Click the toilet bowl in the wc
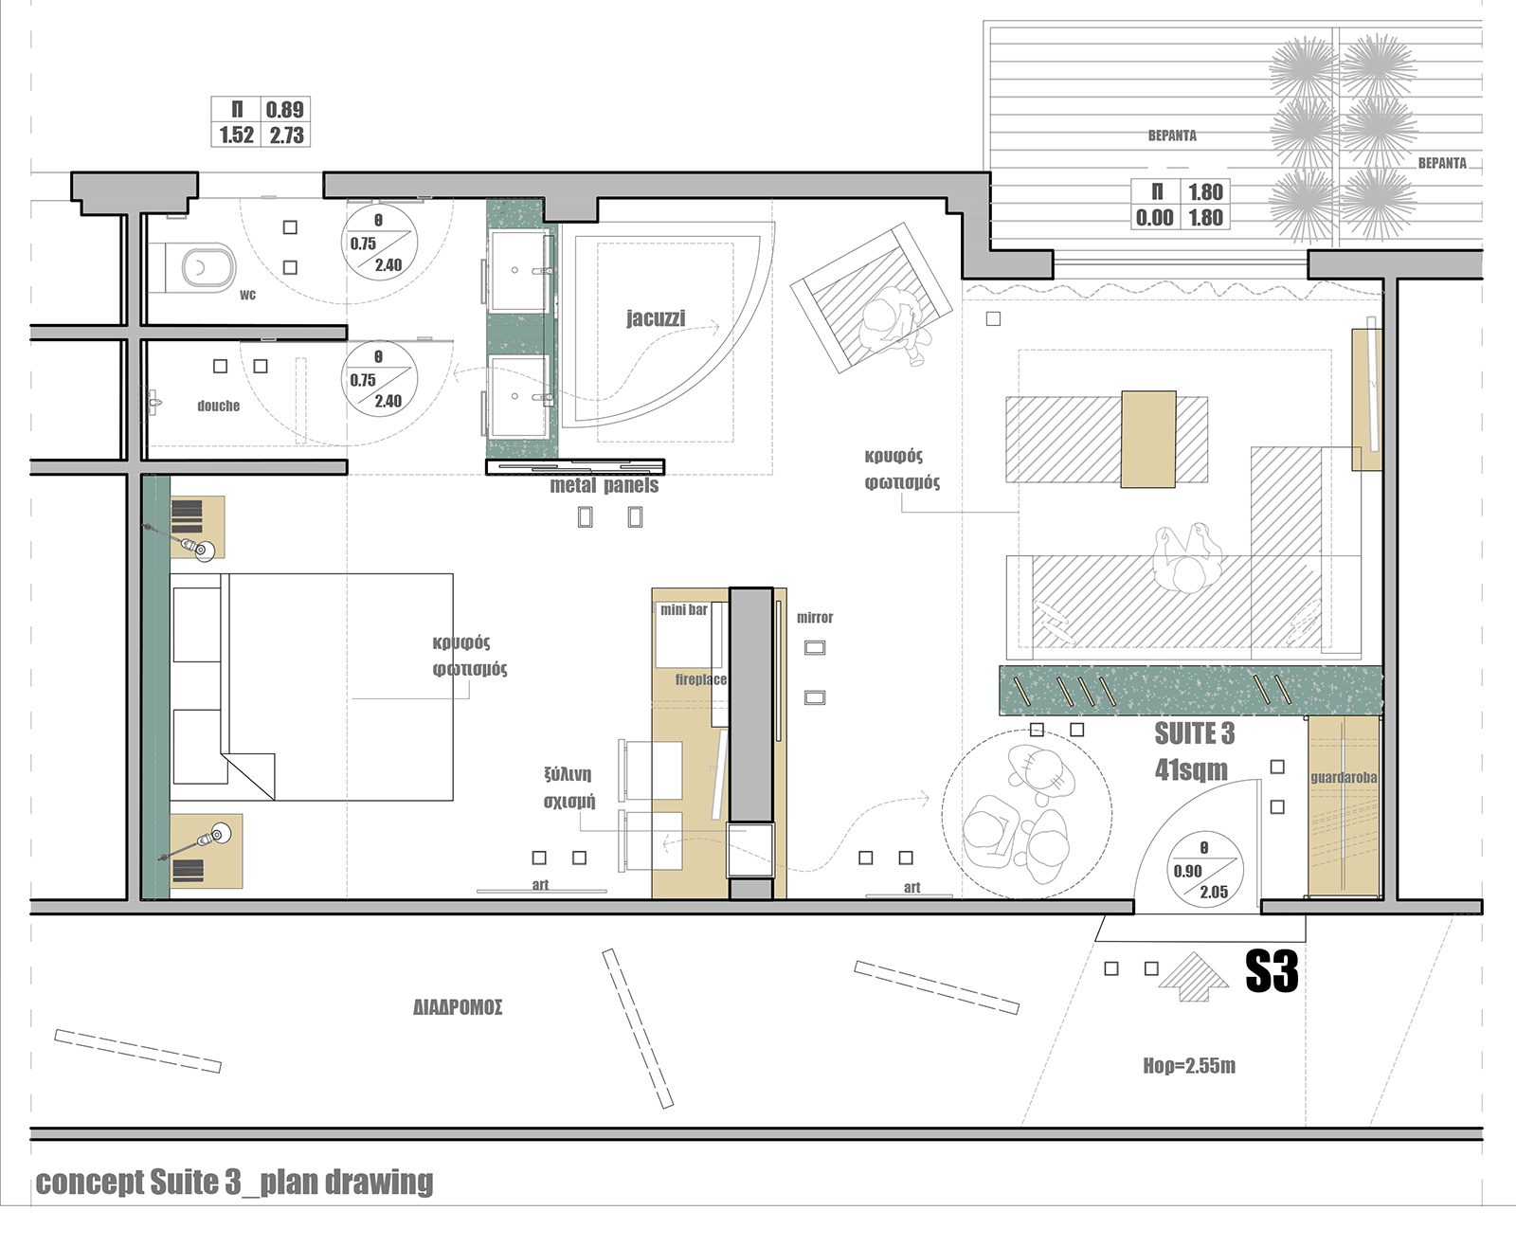point(208,268)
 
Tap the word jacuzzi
point(656,317)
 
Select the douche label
point(219,407)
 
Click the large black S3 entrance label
point(1272,971)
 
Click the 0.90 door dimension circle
point(1204,870)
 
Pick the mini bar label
point(683,609)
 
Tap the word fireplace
point(701,679)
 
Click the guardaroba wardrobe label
point(1344,777)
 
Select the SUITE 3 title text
point(1195,733)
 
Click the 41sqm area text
point(1191,769)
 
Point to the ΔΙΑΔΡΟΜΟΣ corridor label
point(458,1007)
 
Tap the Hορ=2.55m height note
point(1189,1065)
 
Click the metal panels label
point(604,486)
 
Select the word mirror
point(815,618)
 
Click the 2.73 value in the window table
point(287,136)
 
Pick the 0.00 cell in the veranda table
point(1154,218)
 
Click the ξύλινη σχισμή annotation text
point(568,787)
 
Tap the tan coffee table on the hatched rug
point(1148,439)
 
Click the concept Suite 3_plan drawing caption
point(234,1183)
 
